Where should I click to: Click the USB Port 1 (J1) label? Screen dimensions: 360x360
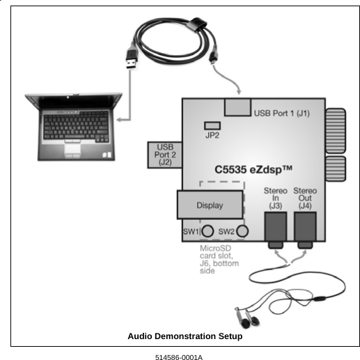[x=282, y=113]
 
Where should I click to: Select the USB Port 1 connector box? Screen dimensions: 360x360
[x=237, y=107]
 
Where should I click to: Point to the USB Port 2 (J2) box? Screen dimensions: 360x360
[x=165, y=154]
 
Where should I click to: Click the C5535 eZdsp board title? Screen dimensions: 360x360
[x=257, y=169]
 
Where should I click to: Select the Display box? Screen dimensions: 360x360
[x=210, y=205]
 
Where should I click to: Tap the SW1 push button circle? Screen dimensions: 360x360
[x=208, y=231]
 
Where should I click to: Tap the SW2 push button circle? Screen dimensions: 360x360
[x=242, y=231]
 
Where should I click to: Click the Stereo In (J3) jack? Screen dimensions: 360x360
[x=276, y=228]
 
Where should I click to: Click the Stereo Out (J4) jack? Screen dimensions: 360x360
[x=305, y=228]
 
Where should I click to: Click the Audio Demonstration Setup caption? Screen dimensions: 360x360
[x=185, y=336]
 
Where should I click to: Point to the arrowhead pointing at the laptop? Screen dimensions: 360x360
[x=118, y=120]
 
